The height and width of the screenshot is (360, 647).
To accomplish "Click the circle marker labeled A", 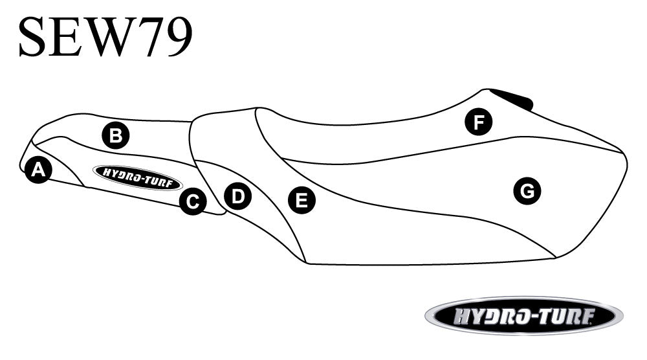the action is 38,170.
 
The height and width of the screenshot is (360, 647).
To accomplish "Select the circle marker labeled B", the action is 116,135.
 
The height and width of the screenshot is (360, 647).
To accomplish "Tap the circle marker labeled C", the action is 193,201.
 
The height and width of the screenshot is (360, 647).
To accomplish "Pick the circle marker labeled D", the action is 237,196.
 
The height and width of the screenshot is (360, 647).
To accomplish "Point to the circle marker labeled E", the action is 302,200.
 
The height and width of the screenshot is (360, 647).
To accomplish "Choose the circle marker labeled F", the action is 479,122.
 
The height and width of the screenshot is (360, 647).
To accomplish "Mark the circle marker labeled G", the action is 527,191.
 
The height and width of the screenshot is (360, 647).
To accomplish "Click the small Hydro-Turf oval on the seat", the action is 138,177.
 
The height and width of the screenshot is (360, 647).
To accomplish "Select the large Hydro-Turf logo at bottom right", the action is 524,316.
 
